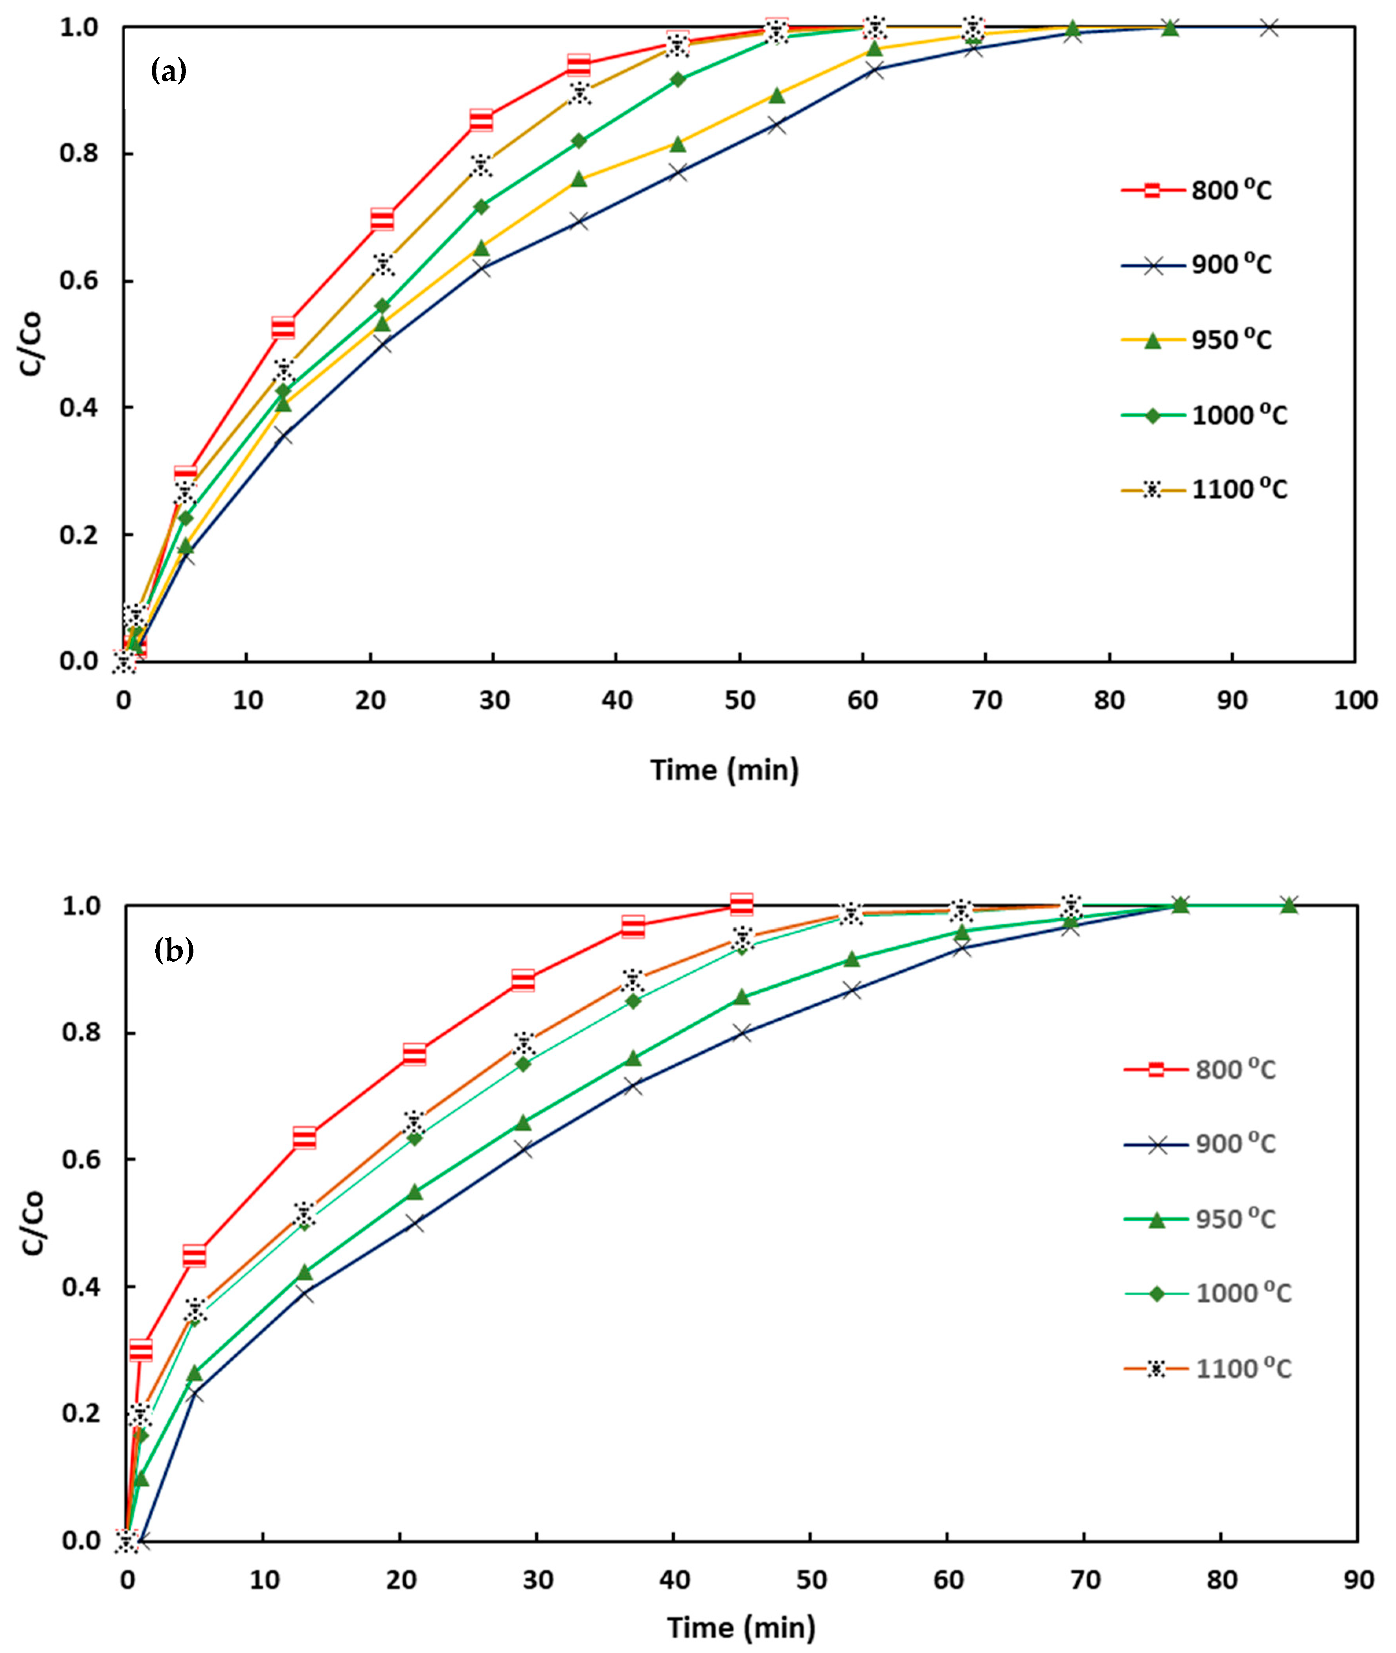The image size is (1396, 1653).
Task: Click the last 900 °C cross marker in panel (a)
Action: [x=1269, y=28]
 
